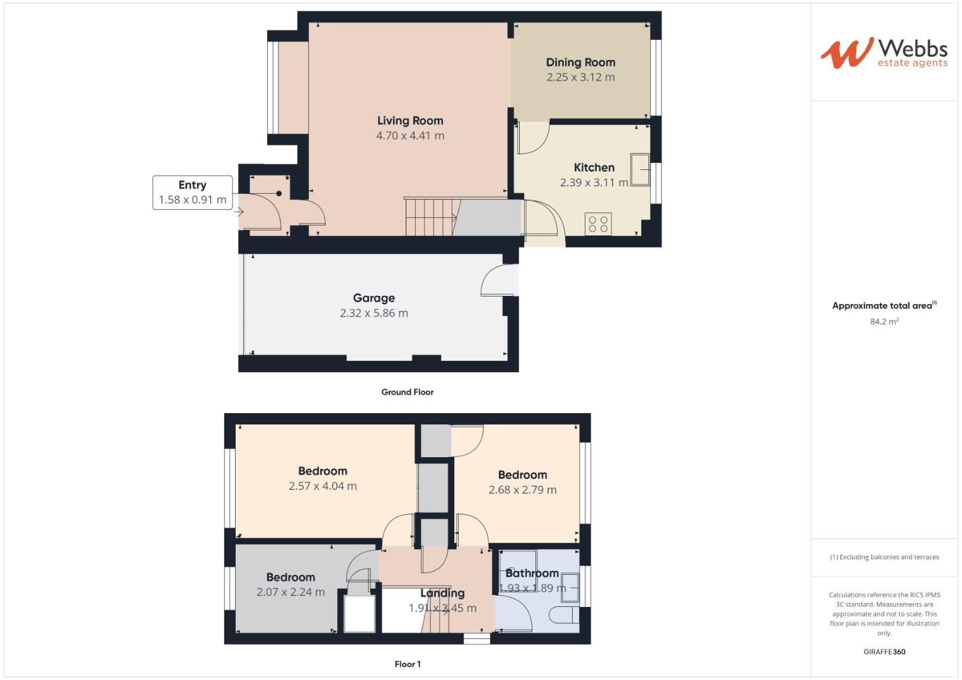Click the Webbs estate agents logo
point(883,53)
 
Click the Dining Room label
point(580,62)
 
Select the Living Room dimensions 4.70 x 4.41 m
point(410,136)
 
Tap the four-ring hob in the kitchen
point(598,224)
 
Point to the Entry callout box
point(192,193)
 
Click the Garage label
point(374,298)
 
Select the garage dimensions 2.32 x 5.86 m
point(374,314)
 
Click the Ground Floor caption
point(407,392)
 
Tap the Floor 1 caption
point(407,664)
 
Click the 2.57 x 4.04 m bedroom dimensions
point(323,486)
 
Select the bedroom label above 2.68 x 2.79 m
point(522,475)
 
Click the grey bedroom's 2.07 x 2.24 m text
point(290,592)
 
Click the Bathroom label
point(532,574)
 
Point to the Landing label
point(442,593)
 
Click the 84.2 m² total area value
point(884,322)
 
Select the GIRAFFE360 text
point(884,652)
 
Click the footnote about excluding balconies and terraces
point(884,557)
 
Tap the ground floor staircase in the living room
point(430,218)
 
